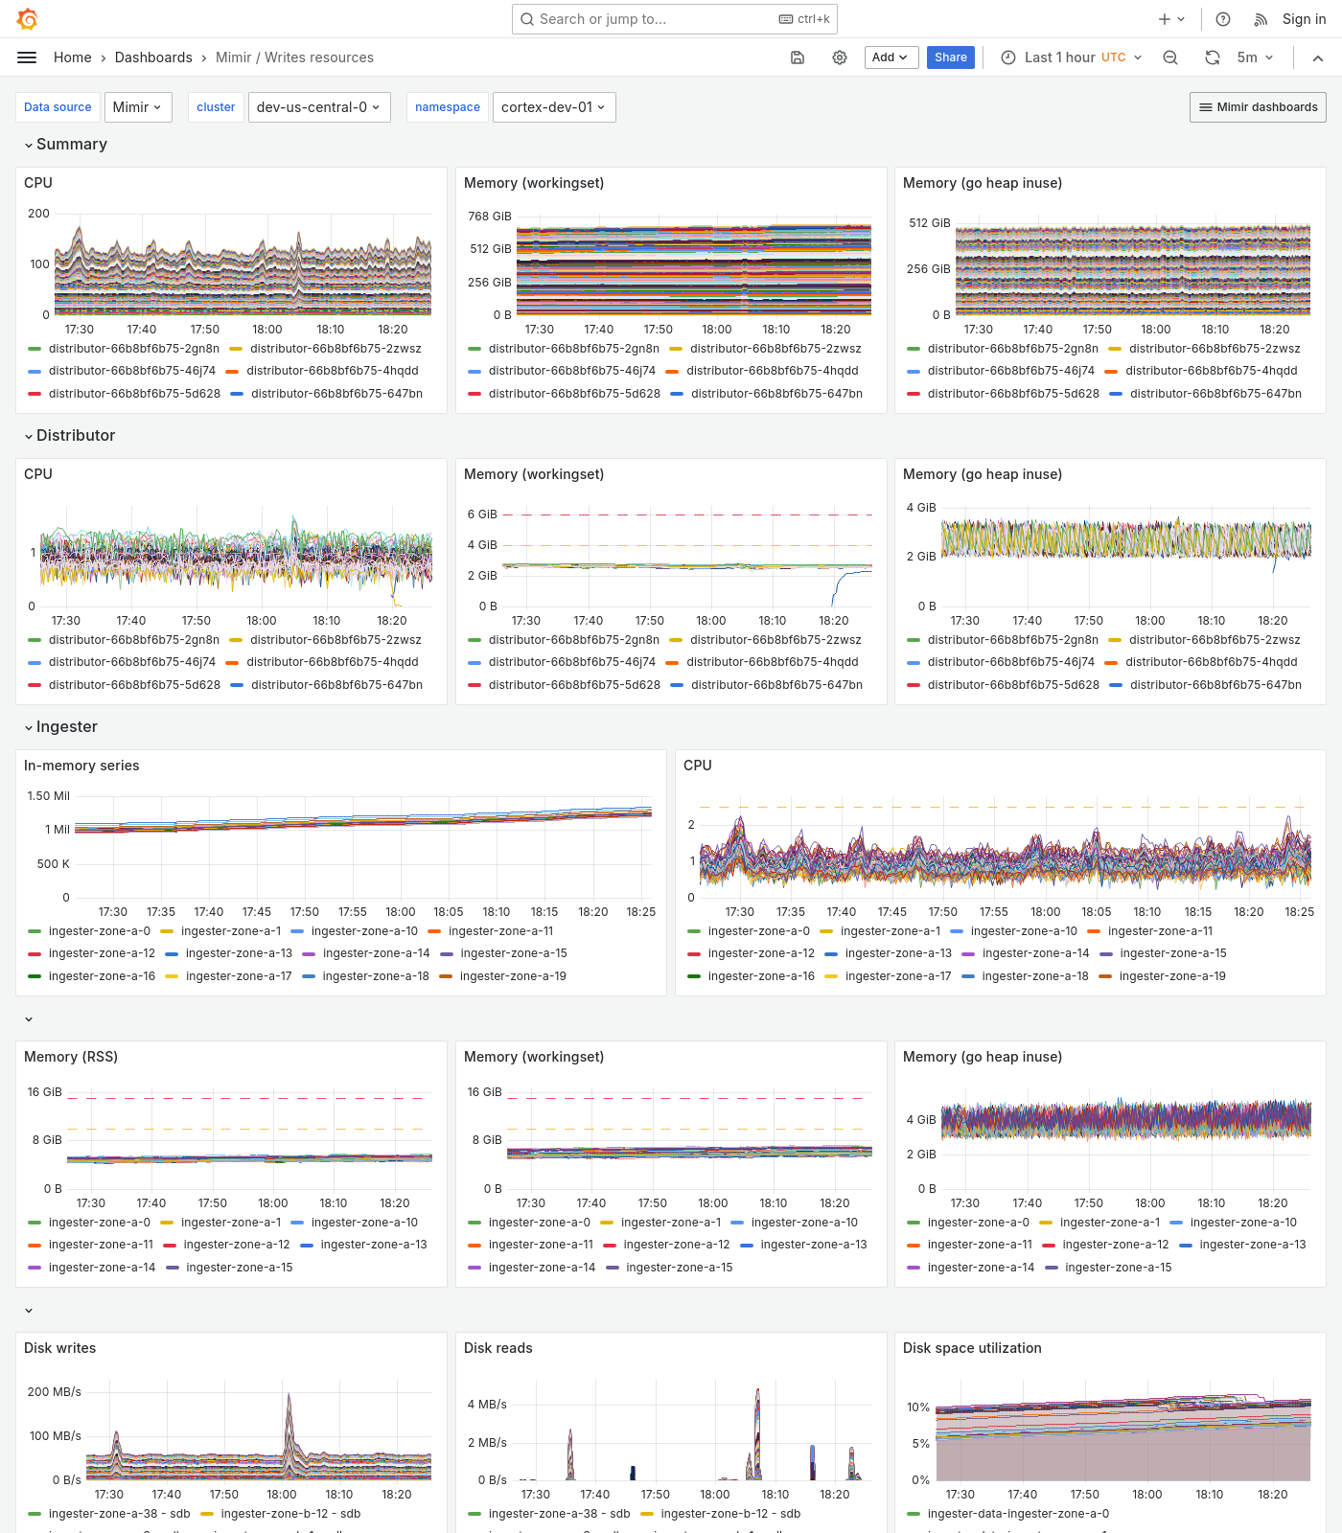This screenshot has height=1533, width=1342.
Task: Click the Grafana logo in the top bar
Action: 28,19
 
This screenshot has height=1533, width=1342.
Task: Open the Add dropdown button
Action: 891,57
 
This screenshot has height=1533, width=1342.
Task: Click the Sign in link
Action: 1304,19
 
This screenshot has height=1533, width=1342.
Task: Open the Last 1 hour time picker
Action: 1071,57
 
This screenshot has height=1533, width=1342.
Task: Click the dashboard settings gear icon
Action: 840,57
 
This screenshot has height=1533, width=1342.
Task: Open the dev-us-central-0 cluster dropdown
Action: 318,107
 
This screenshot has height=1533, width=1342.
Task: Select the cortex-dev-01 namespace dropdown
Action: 553,107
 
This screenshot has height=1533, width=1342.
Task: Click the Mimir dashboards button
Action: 1258,107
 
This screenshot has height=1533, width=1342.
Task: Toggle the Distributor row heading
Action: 76,435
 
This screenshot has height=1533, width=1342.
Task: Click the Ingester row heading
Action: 67,726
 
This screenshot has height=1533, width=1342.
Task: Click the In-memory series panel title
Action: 81,766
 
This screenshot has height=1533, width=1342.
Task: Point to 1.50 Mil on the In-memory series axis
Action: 49,796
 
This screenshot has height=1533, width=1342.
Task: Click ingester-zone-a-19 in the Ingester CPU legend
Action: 1171,976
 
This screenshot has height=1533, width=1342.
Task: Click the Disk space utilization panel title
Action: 971,1348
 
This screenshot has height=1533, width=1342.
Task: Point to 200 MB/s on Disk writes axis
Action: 55,1392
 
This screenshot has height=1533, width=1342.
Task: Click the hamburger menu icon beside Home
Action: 27,57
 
